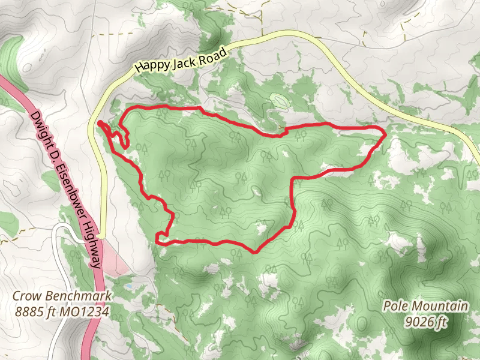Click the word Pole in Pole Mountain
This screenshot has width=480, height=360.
396,307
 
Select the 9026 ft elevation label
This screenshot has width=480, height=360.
425,322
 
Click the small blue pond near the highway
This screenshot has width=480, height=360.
129,287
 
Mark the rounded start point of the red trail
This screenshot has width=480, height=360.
100,124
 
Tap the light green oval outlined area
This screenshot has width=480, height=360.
278,100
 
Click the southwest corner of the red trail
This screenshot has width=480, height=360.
157,241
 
